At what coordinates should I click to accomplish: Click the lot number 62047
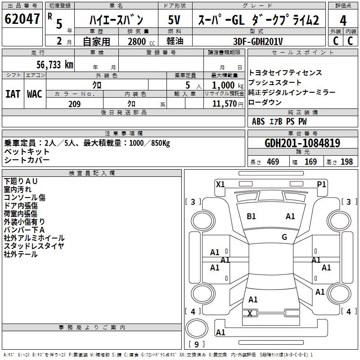[x=22, y=19]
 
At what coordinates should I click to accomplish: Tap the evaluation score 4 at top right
[x=343, y=21]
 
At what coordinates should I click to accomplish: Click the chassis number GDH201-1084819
[x=302, y=144]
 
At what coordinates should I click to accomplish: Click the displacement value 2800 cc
[x=139, y=41]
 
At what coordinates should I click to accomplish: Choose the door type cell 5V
[x=175, y=20]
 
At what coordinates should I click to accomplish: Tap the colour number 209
[x=74, y=104]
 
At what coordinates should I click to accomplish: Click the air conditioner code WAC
[x=35, y=94]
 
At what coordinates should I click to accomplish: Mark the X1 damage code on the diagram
[x=220, y=184]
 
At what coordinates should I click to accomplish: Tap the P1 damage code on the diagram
[x=321, y=184]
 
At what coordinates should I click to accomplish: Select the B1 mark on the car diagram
[x=252, y=216]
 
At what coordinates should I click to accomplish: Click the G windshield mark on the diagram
[x=284, y=237]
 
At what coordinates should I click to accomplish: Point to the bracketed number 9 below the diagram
[x=197, y=344]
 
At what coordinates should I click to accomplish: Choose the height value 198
[x=347, y=162]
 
